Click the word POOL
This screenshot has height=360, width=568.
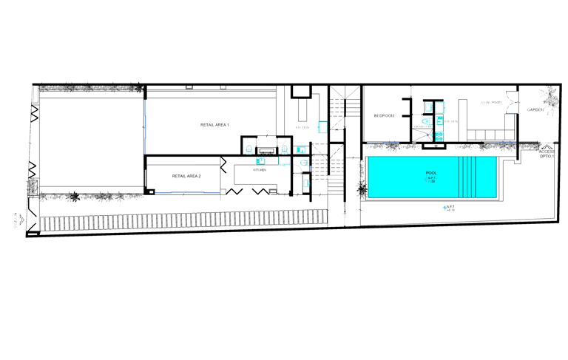431,174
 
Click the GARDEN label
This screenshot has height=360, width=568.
535,110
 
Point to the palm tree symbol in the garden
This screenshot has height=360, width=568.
548,98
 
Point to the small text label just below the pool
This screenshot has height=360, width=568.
449,207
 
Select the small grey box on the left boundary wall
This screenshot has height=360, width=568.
32,187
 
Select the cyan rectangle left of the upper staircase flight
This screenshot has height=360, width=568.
322,126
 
